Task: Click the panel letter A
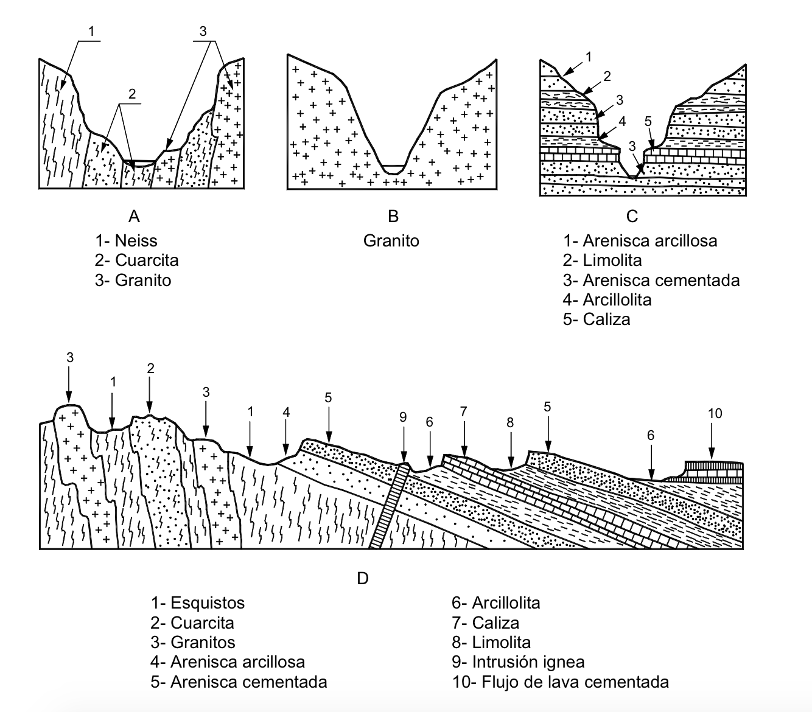[x=135, y=217]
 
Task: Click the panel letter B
[x=393, y=217]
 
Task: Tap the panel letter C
[x=632, y=217]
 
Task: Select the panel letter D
[x=363, y=578]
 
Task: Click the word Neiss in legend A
[x=136, y=240]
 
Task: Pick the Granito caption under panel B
[x=391, y=240]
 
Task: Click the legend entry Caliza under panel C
[x=606, y=319]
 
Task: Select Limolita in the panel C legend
[x=612, y=260]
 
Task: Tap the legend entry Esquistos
[x=208, y=603]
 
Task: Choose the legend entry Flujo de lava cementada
[x=575, y=682]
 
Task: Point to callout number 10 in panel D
[x=715, y=414]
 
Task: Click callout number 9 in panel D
[x=402, y=417]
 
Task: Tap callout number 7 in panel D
[x=464, y=412]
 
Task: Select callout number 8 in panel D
[x=510, y=422]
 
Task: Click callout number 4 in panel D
[x=286, y=412]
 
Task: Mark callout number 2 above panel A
[x=132, y=94]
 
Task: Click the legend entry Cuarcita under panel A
[x=147, y=260]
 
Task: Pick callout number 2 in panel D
[x=150, y=368]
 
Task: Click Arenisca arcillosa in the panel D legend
[x=237, y=662]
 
